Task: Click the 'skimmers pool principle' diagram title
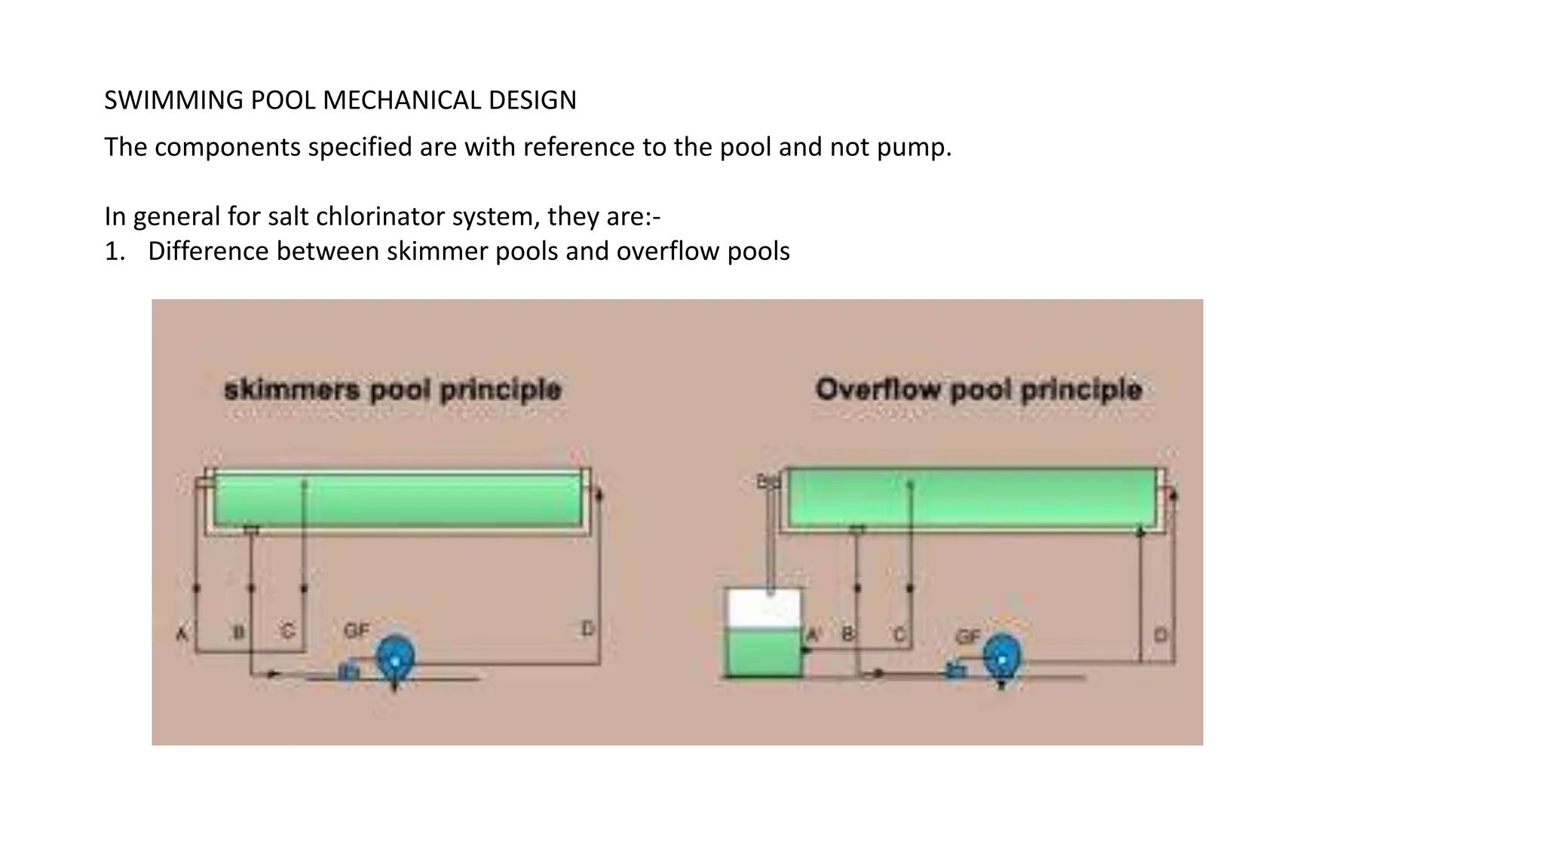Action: (393, 390)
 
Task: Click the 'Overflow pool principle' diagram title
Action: (979, 390)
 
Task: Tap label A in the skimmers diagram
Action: (182, 633)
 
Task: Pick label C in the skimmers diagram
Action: (288, 631)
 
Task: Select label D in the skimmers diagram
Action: (587, 628)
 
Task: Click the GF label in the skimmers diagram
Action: (357, 630)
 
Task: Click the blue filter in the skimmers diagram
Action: (395, 659)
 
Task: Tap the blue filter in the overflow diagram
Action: (1002, 659)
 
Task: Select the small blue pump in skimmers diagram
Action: (348, 671)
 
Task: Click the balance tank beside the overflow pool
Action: (764, 633)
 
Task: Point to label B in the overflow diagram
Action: (847, 634)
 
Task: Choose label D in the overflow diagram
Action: (1160, 635)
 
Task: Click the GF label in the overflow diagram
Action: (968, 637)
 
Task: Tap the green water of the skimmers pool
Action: (397, 500)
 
